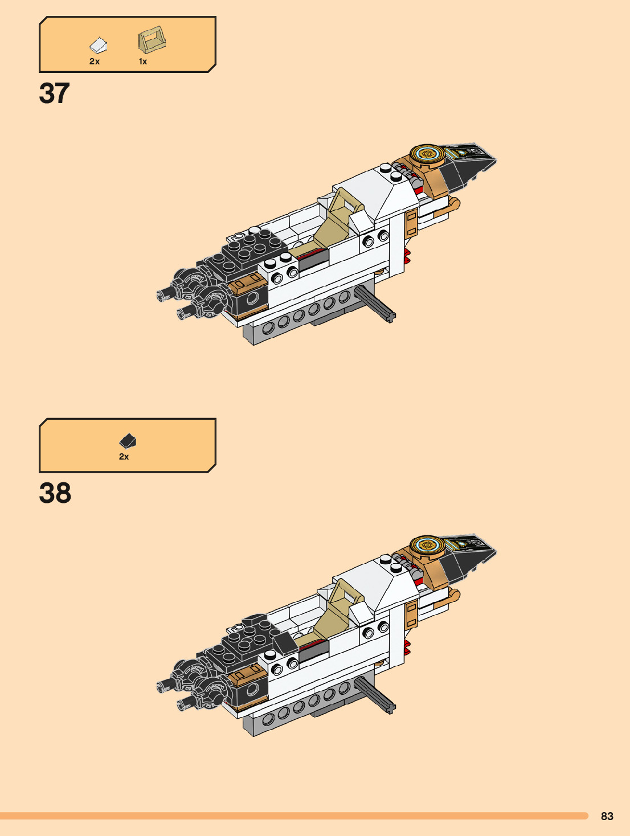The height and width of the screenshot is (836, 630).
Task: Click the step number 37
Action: pos(55,93)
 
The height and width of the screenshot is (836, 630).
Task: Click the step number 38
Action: pos(55,493)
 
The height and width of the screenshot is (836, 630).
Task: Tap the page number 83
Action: pos(607,816)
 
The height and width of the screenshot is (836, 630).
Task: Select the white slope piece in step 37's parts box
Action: pos(99,45)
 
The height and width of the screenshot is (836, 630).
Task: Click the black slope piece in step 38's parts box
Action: pos(128,441)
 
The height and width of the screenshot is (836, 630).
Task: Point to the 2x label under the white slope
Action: pos(95,62)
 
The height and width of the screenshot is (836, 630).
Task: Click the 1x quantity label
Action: pos(143,62)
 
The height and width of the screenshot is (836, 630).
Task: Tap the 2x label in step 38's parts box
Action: pos(124,457)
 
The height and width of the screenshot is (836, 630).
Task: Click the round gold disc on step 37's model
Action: pos(428,153)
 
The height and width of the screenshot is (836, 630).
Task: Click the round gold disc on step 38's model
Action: pos(428,545)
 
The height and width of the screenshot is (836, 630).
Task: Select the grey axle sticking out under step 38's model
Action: pos(375,695)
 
